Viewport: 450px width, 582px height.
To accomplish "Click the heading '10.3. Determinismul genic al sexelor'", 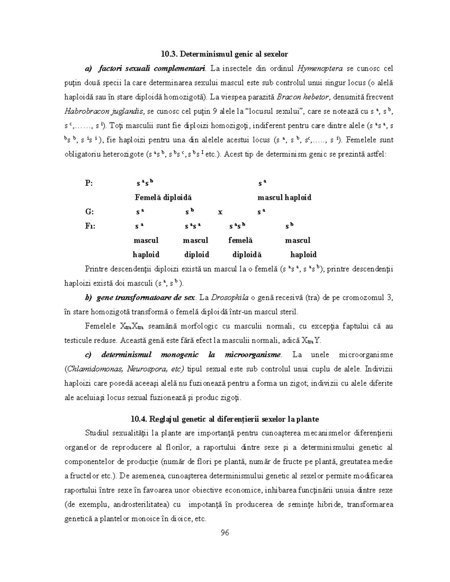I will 224,54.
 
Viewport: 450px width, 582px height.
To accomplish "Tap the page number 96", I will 225,533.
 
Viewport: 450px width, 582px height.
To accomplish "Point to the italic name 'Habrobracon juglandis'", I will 105,111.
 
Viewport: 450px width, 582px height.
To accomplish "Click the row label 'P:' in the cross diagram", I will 89,183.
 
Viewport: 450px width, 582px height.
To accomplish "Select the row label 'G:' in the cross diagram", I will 89,212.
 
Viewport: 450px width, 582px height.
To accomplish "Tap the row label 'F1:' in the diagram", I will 90,226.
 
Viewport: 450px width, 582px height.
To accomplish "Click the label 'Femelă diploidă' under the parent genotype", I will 163,197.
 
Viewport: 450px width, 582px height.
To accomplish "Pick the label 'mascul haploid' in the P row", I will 284,197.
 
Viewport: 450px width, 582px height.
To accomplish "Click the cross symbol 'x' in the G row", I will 220,212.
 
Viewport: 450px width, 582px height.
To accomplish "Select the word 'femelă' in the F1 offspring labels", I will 240,240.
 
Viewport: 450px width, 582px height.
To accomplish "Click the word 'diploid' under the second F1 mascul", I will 196,254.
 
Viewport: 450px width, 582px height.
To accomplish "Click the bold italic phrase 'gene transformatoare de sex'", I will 146,298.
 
